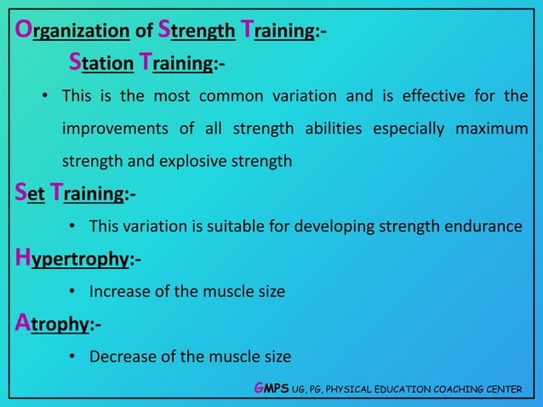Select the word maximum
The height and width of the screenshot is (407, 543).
click(491, 129)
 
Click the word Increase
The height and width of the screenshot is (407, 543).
click(119, 291)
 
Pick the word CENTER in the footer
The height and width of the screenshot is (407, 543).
click(501, 389)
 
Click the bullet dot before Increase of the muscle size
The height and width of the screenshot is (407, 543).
click(73, 292)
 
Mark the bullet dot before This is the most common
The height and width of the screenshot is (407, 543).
click(46, 96)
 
